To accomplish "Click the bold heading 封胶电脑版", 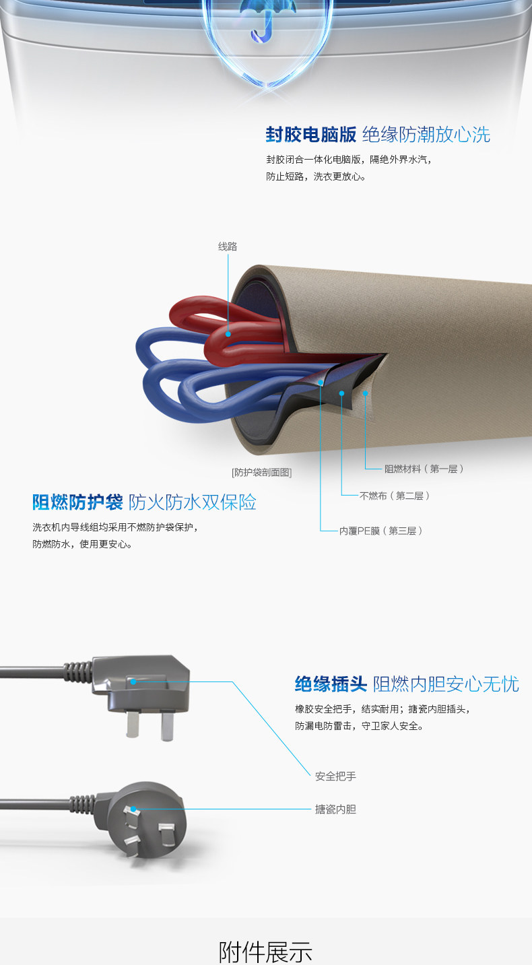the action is coord(310,134).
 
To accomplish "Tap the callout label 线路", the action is coord(228,246).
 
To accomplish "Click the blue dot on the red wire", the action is coord(229,333).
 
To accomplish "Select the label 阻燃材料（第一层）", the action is coord(424,469).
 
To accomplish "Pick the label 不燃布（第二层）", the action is coord(395,496).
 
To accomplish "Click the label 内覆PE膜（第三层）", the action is coord(381,531).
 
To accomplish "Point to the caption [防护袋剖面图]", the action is coord(261,472).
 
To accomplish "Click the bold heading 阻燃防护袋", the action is coord(77,502).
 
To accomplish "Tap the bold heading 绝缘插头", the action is coord(331,684).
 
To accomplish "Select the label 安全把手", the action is coord(335,776).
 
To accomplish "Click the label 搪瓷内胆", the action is coord(335,809).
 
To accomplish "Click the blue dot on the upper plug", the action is coord(134,681).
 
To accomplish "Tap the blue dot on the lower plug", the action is coord(134,809).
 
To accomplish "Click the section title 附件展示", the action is coord(266,952).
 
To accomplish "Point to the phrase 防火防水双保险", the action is coord(193,502).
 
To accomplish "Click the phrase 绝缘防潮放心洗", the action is coord(426,134).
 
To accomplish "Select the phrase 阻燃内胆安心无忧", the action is coord(446,684).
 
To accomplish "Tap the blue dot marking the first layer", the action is coord(366,393).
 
